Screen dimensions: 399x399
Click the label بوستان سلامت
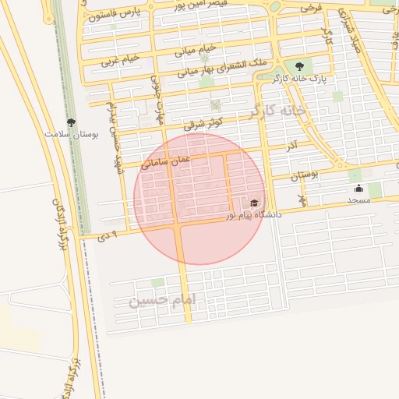tap(72, 135)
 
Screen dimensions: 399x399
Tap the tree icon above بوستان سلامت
tap(72, 122)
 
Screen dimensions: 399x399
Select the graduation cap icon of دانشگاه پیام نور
tap(254, 203)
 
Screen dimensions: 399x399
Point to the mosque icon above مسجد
tap(358, 189)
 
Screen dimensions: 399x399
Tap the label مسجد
tap(358, 200)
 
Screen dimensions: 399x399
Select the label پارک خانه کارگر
tap(298, 79)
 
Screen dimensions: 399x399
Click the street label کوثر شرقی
tap(204, 123)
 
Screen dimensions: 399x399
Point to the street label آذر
tap(291, 146)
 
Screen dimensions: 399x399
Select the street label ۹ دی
tap(108, 234)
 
